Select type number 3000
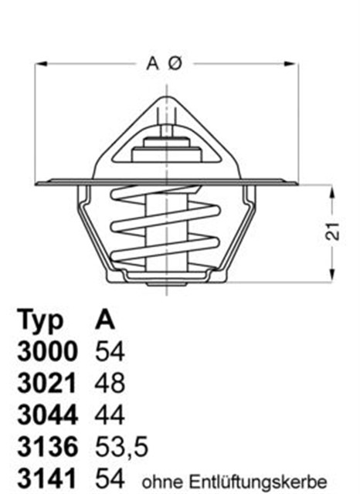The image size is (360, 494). click(47, 352)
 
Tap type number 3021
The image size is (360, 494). click(47, 384)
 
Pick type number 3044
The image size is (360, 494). click(47, 415)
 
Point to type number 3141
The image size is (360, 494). click(47, 479)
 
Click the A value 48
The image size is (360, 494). click(109, 384)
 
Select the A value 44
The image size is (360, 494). click(109, 415)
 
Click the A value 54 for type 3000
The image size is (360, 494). click(109, 352)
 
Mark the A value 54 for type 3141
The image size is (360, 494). click(109, 479)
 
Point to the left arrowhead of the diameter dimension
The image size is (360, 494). click(39, 66)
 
